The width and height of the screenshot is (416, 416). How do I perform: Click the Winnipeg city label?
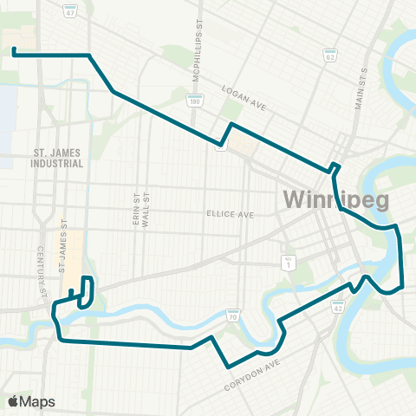tap(336, 200)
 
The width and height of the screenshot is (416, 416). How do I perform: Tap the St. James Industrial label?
tap(58, 157)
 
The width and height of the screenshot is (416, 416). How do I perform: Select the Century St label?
tap(41, 272)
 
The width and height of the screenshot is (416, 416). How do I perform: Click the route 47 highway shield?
tap(68, 11)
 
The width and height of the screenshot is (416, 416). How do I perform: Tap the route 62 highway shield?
tap(329, 55)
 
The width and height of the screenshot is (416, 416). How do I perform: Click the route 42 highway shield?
tap(337, 304)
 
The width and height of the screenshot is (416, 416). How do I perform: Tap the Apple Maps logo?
tap(31, 401)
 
